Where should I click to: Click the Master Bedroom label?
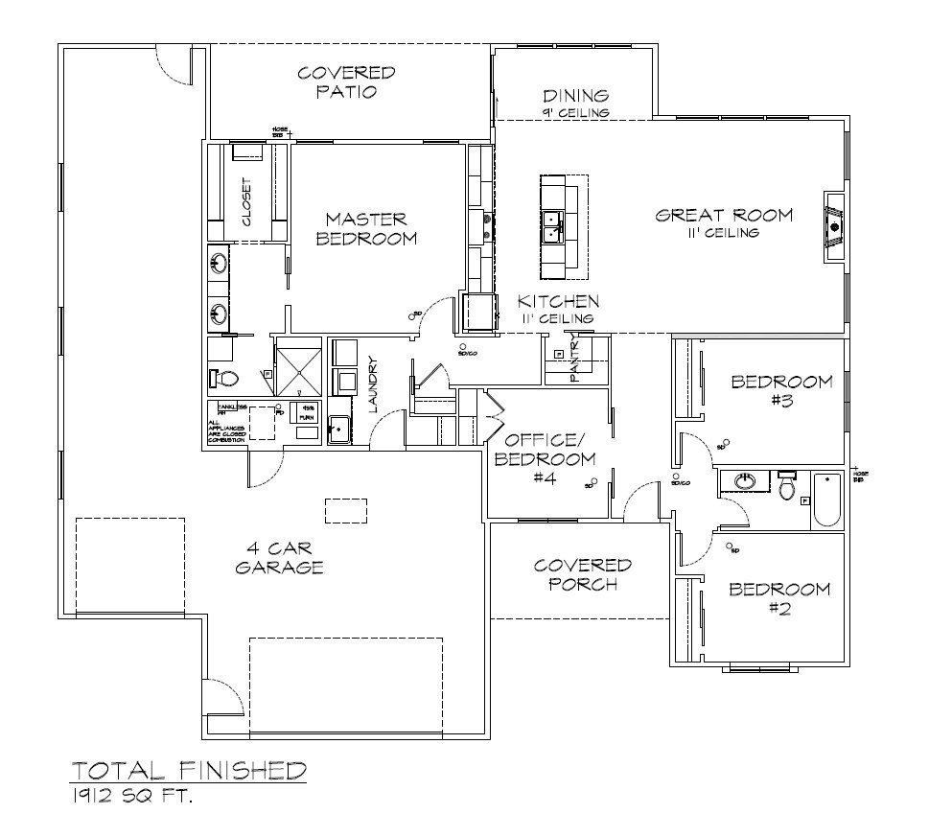click(x=365, y=228)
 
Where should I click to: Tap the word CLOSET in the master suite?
click(x=246, y=202)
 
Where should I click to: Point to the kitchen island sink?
click(x=553, y=226)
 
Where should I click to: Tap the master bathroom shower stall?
click(x=300, y=366)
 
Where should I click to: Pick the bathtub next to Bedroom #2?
click(x=827, y=500)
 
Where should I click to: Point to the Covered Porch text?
click(x=582, y=574)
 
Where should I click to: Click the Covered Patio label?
click(x=346, y=82)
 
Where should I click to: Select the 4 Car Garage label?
click(x=279, y=557)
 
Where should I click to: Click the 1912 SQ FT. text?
click(x=130, y=795)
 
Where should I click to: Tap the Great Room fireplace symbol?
click(x=834, y=226)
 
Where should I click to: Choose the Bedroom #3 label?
click(x=781, y=391)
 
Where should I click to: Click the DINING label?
click(x=575, y=101)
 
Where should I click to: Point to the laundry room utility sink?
click(x=338, y=429)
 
